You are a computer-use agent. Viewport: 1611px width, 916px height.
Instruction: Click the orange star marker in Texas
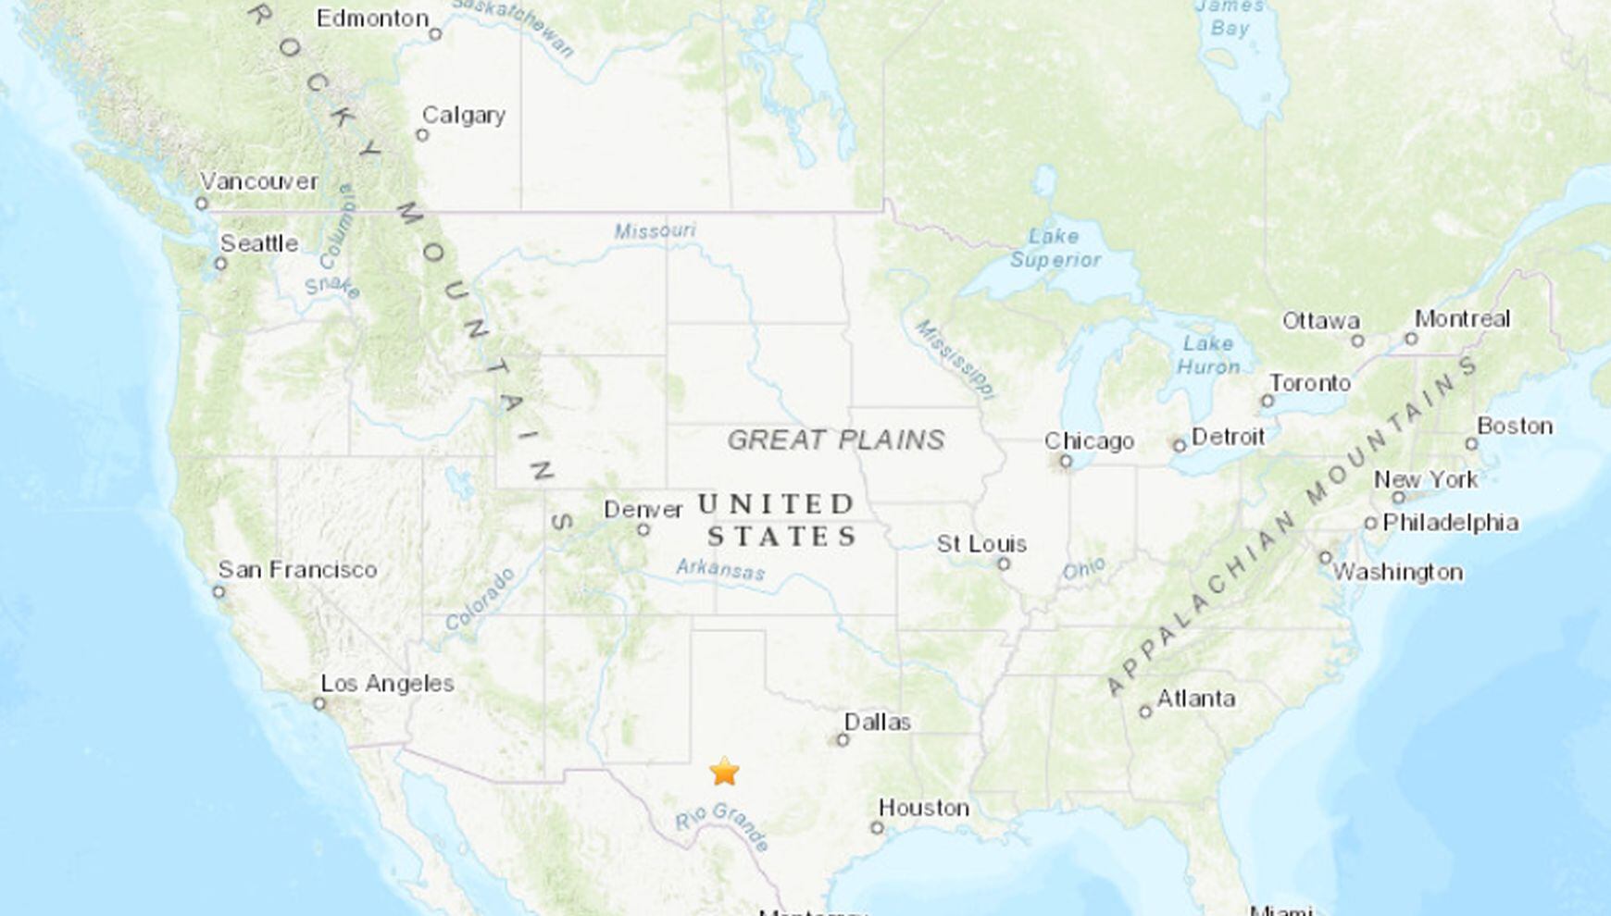(x=724, y=771)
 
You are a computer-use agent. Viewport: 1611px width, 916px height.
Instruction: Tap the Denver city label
(x=643, y=510)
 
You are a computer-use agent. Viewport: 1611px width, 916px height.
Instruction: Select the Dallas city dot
(x=843, y=740)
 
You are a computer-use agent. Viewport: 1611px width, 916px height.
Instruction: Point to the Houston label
(x=923, y=808)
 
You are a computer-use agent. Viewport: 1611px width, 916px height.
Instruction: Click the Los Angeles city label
(x=387, y=684)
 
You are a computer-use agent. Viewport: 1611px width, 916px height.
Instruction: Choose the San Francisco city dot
(x=219, y=592)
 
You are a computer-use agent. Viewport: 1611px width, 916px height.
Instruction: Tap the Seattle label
(x=258, y=243)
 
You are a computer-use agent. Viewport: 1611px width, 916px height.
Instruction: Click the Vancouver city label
(x=258, y=181)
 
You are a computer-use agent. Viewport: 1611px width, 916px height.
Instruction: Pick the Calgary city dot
(x=422, y=135)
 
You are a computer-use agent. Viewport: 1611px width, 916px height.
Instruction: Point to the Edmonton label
(x=372, y=19)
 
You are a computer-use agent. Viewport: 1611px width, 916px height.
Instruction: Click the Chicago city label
(x=1089, y=441)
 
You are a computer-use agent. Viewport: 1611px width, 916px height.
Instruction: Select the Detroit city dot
(x=1180, y=446)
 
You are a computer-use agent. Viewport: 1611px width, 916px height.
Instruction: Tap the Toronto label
(x=1309, y=383)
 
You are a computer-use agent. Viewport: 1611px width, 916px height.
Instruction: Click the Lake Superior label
(x=1055, y=248)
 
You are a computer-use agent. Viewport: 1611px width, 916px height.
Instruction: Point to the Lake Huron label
(x=1207, y=355)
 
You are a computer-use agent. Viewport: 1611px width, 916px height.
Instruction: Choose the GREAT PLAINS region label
(x=835, y=439)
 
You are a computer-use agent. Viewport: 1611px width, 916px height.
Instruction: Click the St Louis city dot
(x=1004, y=563)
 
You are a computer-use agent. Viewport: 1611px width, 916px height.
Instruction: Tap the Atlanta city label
(x=1195, y=699)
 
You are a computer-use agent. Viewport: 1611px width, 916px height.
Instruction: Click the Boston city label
(x=1514, y=427)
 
